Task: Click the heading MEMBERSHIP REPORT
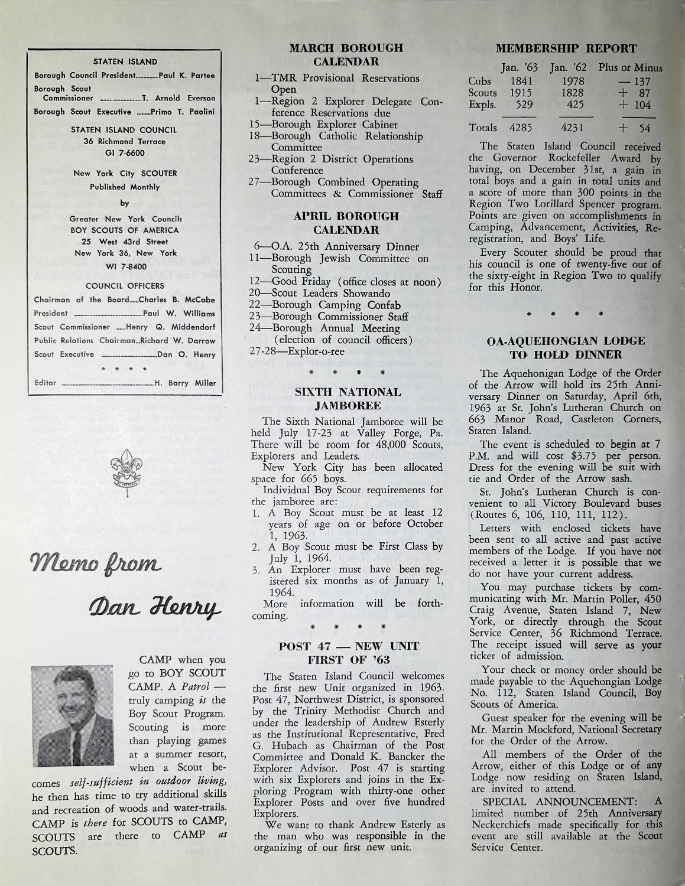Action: click(x=566, y=49)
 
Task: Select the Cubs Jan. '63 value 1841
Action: click(x=521, y=81)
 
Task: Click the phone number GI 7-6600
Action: click(x=125, y=153)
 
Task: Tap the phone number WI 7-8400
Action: click(x=125, y=264)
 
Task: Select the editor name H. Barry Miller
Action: click(x=185, y=383)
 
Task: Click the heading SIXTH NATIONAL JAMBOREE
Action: click(x=348, y=399)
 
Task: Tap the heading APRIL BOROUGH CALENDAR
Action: click(x=346, y=223)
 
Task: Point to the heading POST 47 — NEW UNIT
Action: click(x=348, y=646)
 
